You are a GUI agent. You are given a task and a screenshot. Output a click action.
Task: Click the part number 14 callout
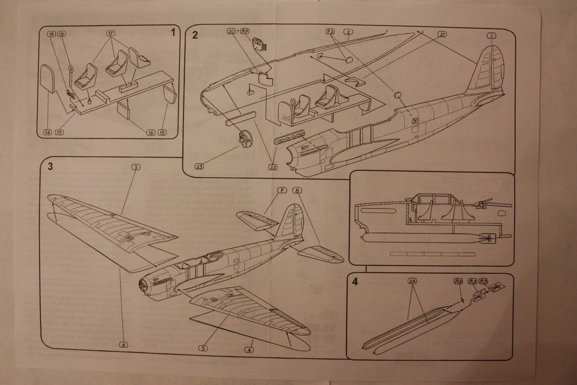pyautogui.click(x=48, y=132)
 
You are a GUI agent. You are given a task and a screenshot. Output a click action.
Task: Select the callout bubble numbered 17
pyautogui.click(x=111, y=34)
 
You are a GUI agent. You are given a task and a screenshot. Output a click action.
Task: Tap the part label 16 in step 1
pyautogui.click(x=150, y=132)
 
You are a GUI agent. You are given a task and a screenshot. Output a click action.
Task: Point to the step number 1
pyautogui.click(x=173, y=32)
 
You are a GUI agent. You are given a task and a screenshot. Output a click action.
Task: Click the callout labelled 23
pyautogui.click(x=200, y=166)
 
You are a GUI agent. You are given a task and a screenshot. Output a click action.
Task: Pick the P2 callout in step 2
pyautogui.click(x=330, y=32)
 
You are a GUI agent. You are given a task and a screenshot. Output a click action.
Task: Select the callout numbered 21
pyautogui.click(x=441, y=34)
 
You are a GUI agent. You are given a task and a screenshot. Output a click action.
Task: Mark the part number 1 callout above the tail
pyautogui.click(x=491, y=36)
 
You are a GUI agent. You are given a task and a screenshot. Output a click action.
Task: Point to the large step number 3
pyautogui.click(x=50, y=166)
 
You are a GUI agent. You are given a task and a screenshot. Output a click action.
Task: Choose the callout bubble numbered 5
pyautogui.click(x=135, y=167)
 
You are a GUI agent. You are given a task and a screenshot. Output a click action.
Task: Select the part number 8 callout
pyautogui.click(x=297, y=190)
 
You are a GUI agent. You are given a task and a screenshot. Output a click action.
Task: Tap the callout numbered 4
pyautogui.click(x=249, y=350)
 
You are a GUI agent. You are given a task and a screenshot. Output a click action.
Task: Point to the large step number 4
pyautogui.click(x=354, y=281)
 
